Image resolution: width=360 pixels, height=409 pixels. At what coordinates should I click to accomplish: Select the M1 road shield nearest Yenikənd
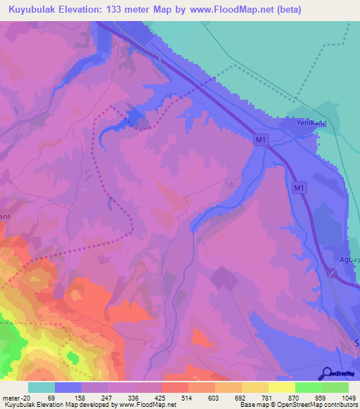[261, 141]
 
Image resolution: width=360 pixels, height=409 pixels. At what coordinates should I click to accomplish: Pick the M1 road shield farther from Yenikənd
[299, 188]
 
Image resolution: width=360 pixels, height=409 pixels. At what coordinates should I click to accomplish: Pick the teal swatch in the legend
[41, 387]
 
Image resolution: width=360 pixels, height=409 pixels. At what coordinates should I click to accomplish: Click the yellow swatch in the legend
[281, 387]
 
